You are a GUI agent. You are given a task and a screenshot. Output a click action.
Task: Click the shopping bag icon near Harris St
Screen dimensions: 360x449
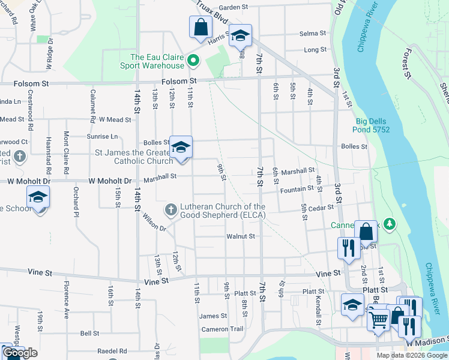pos(200,28)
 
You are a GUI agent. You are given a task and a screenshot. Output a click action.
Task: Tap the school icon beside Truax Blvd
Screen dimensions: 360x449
pos(240,35)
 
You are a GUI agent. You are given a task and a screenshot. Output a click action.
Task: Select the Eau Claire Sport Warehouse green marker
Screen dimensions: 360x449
pos(193,61)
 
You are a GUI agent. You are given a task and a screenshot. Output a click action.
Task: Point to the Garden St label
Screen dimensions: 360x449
pos(233,7)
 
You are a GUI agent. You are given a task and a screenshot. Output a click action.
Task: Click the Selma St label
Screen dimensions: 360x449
pos(312,33)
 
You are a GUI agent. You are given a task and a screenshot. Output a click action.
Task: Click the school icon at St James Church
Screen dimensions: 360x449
pos(180,148)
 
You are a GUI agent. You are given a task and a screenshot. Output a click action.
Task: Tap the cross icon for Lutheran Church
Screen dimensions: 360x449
pos(170,210)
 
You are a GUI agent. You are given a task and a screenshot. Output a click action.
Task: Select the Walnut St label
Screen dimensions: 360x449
pos(241,236)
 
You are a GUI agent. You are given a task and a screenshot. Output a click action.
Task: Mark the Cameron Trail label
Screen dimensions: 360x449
pos(222,329)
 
